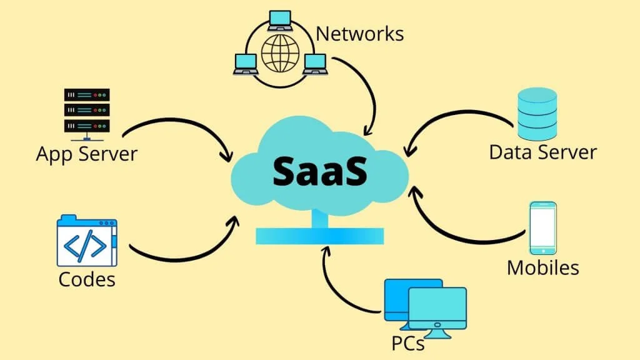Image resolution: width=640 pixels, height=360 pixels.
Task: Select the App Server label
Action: [x=86, y=153]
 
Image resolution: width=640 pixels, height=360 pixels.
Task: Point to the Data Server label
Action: [x=542, y=152]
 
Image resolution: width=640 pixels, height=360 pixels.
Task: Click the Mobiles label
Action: [x=542, y=267]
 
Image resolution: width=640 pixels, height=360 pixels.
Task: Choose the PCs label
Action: [x=407, y=342]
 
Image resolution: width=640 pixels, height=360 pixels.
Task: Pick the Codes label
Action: [x=87, y=279]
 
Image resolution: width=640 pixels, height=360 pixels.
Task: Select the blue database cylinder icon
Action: [x=537, y=114]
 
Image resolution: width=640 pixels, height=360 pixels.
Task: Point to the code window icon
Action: [x=86, y=241]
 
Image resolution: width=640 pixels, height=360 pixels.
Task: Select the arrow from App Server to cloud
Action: [x=181, y=125]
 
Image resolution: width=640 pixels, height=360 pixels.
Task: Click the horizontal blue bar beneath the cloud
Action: [x=319, y=236]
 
